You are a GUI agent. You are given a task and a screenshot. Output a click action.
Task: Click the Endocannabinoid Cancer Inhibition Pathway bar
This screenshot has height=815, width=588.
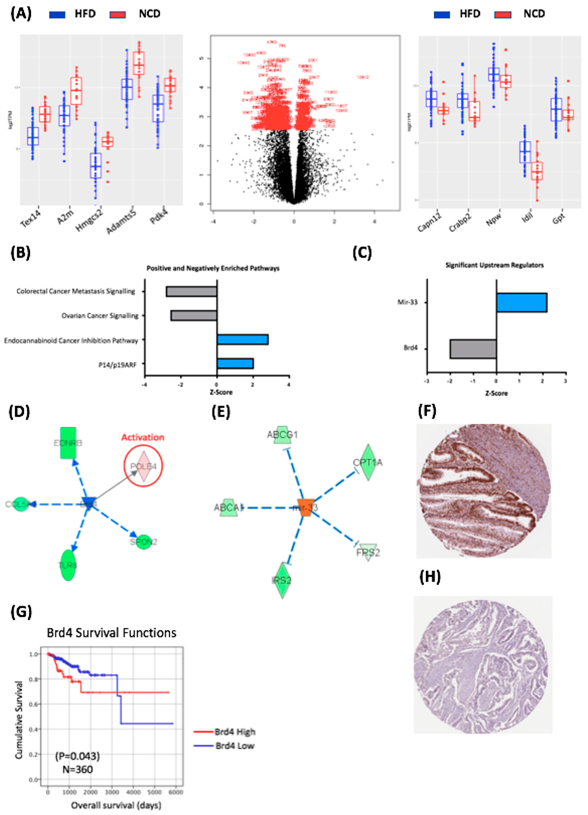point(242,340)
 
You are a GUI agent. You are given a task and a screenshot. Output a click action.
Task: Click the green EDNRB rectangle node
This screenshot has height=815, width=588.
point(68,443)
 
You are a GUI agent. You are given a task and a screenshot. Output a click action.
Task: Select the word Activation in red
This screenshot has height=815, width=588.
point(143,437)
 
